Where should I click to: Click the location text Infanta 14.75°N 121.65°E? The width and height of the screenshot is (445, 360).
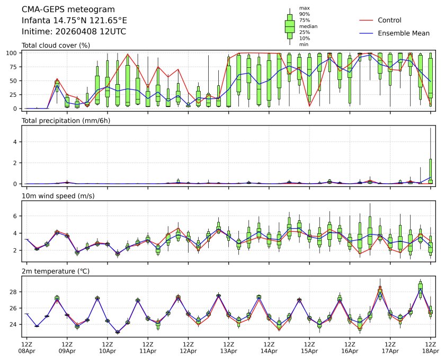[74, 21]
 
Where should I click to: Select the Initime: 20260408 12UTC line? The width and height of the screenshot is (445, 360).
[74, 32]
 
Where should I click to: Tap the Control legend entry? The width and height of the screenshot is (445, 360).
[389, 21]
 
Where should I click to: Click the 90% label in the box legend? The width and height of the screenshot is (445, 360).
[304, 14]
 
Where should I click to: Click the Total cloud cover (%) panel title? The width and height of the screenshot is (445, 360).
[56, 46]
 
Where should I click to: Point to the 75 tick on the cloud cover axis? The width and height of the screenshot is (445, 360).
[15, 67]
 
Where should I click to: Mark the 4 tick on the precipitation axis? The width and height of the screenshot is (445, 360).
[17, 141]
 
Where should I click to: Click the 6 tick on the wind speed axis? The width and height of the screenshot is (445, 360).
[17, 216]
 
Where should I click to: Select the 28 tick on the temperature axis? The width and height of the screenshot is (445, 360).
[15, 292]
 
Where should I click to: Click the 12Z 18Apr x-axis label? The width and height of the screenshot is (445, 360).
[430, 347]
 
